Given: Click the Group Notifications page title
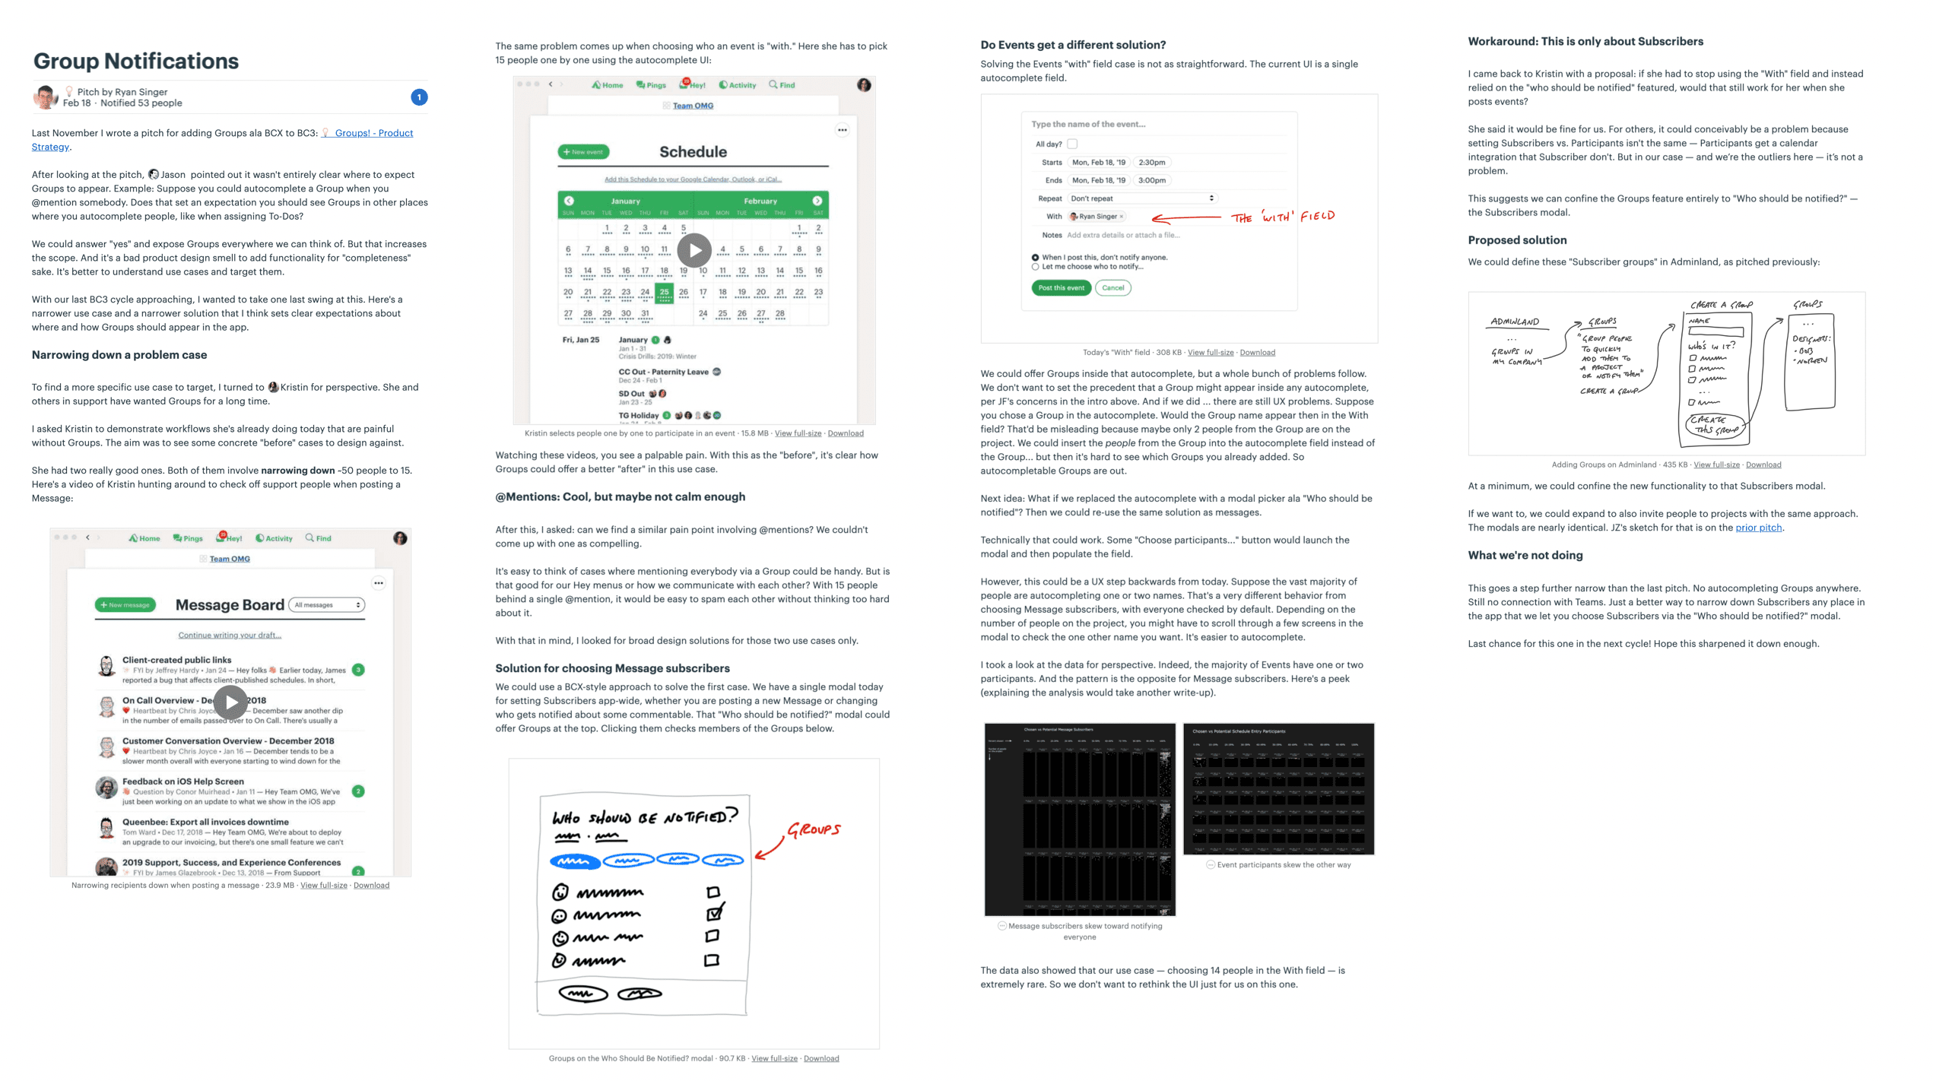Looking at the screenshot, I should click(x=136, y=61).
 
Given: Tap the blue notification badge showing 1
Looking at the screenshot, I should click(x=419, y=97).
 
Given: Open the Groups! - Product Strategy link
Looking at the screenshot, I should click(x=373, y=133).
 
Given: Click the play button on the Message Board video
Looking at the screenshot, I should click(x=230, y=702).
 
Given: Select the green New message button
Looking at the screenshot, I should click(x=125, y=605).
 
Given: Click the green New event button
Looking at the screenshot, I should click(x=583, y=152).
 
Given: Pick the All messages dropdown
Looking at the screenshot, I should click(x=327, y=605).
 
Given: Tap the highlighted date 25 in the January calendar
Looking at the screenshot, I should click(x=664, y=292).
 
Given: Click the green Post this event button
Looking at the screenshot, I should click(x=1061, y=288).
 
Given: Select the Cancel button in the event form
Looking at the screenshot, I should click(x=1113, y=288).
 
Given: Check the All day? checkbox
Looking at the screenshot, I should click(x=1072, y=144).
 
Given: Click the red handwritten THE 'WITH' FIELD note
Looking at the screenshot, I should click(x=1283, y=217).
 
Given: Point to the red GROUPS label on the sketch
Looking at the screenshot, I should click(x=814, y=829).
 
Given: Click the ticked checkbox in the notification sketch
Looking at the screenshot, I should click(x=714, y=913).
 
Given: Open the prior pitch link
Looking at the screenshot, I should click(x=1758, y=528).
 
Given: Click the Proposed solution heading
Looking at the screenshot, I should click(x=1516, y=240).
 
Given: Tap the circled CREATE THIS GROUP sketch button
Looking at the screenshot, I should click(x=1716, y=425).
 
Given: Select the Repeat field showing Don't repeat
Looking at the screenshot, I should click(x=1141, y=198).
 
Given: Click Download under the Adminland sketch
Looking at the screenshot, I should click(x=1763, y=464).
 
